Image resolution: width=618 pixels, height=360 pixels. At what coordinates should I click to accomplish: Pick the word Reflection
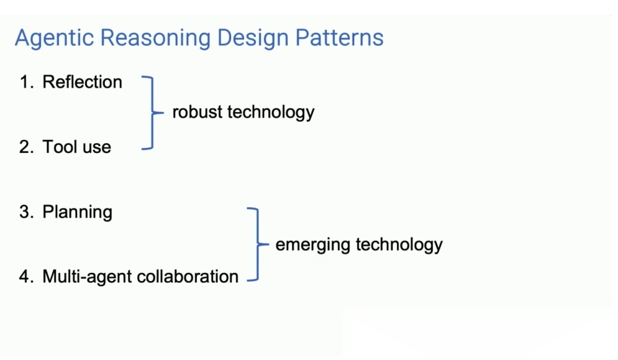pos(82,82)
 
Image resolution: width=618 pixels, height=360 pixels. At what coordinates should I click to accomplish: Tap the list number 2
pos(26,147)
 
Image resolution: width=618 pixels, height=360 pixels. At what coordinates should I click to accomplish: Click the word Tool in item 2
pos(59,147)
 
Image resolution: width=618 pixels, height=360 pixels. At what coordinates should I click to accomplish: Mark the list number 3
pos(26,212)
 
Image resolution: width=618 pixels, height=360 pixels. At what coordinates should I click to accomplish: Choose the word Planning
pos(77,212)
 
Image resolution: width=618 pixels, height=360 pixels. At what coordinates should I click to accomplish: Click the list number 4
pos(26,276)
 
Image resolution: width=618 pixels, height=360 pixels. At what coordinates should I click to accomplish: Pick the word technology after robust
pos(271,112)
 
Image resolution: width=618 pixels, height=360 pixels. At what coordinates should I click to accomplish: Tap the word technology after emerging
pos(399,245)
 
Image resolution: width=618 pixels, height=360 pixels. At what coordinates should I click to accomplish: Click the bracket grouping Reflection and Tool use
pos(151,113)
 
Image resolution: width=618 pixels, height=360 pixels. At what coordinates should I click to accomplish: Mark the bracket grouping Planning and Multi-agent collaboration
pos(256,244)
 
